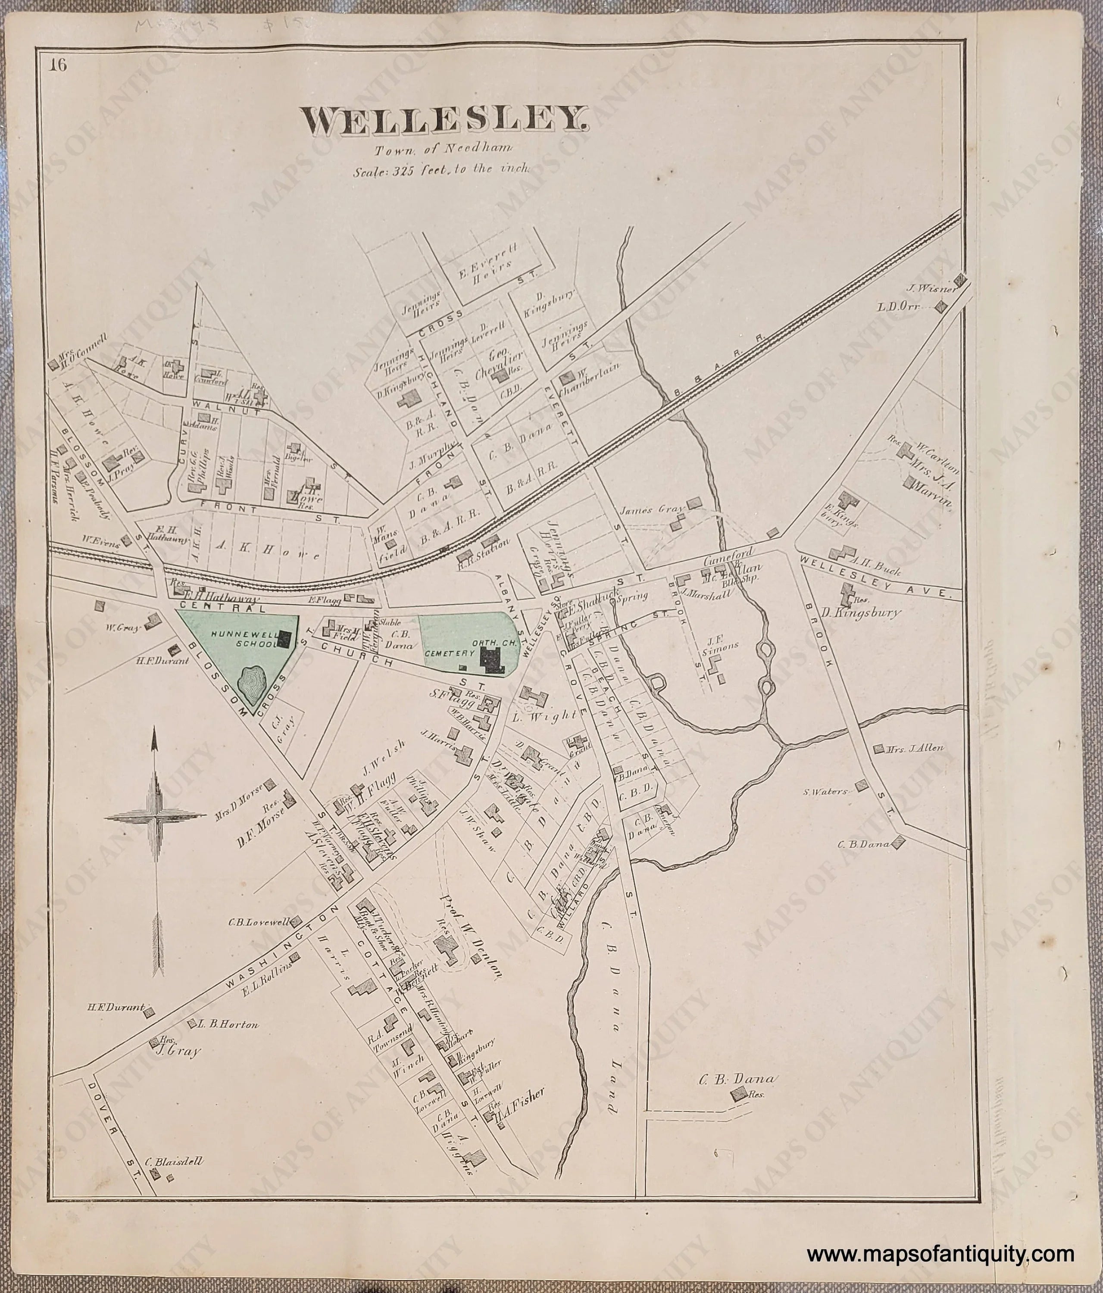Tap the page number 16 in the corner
pyautogui.click(x=59, y=66)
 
